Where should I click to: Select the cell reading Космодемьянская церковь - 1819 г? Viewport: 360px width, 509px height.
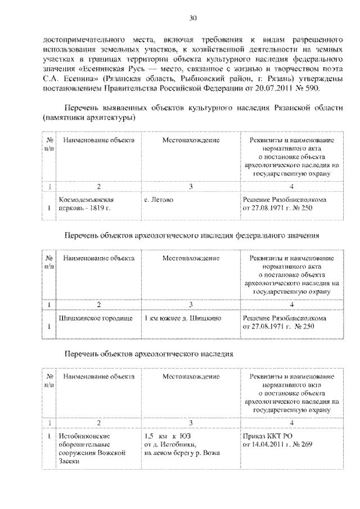[x=87, y=204]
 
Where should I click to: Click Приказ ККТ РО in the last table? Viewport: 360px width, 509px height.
[x=267, y=435]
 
